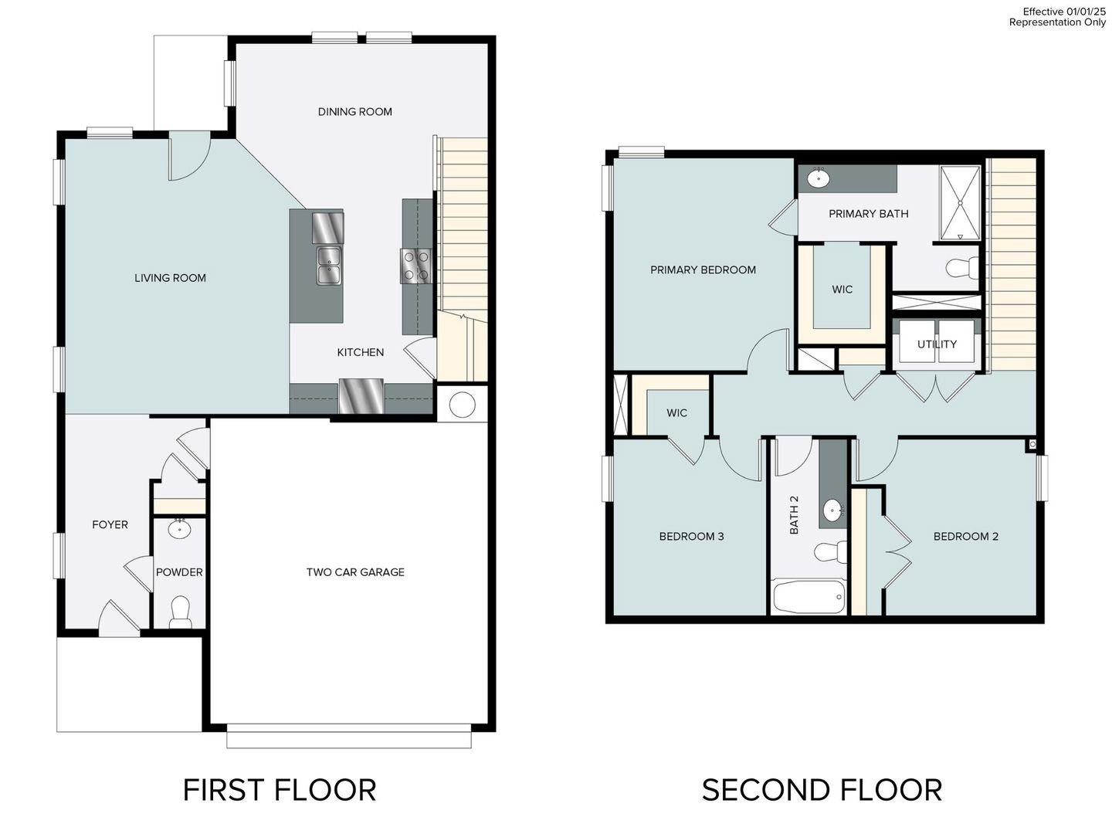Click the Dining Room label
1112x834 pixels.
(354, 112)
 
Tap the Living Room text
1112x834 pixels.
(170, 278)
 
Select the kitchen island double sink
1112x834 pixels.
(329, 266)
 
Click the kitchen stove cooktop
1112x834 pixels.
(415, 266)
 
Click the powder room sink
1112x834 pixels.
(180, 529)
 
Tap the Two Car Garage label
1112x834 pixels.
(355, 572)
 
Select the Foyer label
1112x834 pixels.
(110, 524)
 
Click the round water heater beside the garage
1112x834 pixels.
(462, 405)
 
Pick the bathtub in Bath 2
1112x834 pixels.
(809, 597)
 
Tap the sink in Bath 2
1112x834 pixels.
(832, 510)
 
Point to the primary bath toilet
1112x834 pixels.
(961, 268)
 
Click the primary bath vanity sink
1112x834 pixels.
(818, 178)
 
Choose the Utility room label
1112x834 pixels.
(937, 344)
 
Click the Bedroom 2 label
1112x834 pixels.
(965, 537)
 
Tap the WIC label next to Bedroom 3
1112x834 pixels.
(676, 413)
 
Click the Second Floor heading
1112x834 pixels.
(822, 790)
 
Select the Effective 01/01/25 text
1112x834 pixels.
(1063, 12)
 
